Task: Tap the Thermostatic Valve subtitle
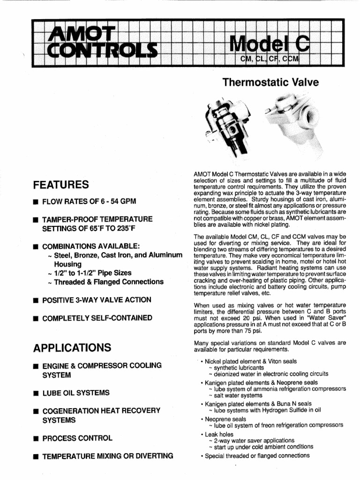coord(270,83)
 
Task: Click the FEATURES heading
coord(61,184)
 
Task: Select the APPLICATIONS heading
coord(72,348)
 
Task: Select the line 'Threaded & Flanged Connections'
coord(108,282)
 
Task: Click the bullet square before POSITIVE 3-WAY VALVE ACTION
coord(35,300)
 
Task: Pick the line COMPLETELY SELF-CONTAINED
coord(97,318)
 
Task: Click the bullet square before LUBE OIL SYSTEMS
coord(35,393)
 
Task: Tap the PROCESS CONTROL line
coord(77,438)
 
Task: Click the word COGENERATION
coord(71,411)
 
